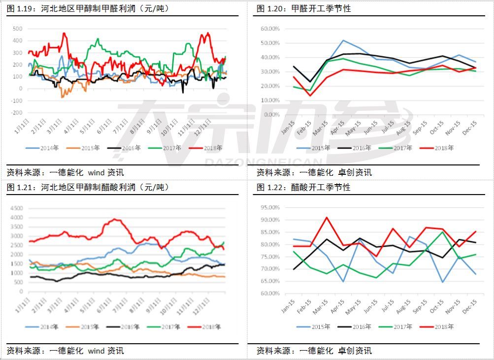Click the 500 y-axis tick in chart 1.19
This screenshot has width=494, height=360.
tap(17, 29)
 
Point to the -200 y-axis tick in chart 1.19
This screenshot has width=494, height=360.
tap(16, 113)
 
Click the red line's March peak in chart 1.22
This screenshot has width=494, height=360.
tap(326, 217)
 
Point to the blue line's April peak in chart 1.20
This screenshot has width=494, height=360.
tap(343, 40)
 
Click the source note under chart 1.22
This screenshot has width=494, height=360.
tap(314, 351)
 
